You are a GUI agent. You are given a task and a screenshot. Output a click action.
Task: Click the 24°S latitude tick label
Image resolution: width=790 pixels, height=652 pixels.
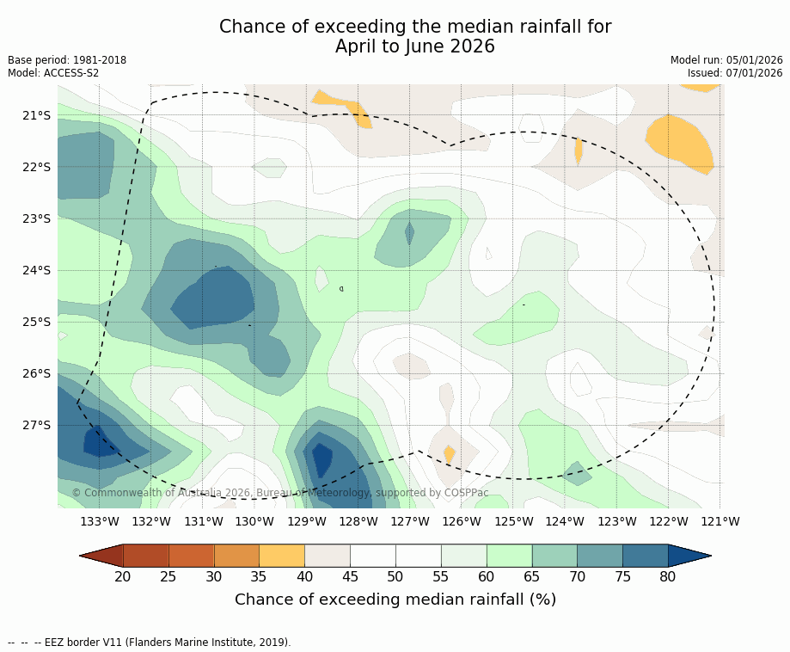[37, 270]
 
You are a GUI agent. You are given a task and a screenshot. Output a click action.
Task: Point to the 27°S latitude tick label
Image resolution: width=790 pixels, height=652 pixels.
[37, 425]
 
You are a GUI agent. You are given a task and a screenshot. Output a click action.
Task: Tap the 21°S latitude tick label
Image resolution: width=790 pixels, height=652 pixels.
[37, 115]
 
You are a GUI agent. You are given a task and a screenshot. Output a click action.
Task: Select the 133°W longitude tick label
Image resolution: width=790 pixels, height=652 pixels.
[100, 521]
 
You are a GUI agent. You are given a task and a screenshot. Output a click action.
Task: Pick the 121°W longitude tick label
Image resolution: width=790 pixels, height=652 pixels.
[720, 521]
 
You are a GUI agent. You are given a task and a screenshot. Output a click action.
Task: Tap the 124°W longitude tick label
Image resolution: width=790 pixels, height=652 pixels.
[565, 521]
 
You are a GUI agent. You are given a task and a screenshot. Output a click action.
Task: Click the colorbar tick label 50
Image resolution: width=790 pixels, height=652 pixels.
[395, 576]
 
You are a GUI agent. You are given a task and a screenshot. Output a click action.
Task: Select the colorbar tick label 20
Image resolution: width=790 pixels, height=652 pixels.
[123, 576]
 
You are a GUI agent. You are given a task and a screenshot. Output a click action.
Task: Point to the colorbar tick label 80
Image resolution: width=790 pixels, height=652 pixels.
[668, 576]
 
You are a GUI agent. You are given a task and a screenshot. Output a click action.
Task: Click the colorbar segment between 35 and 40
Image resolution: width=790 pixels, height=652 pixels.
[282, 556]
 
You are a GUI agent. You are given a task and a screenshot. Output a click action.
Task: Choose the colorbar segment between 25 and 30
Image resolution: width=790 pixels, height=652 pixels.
[191, 556]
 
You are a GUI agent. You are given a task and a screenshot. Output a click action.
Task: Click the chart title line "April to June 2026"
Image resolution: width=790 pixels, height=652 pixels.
[415, 46]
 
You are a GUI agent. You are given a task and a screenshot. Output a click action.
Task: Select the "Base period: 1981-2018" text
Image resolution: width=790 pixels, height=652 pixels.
[67, 60]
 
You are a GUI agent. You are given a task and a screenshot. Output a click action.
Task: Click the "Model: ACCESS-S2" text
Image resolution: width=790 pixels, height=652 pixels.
[53, 73]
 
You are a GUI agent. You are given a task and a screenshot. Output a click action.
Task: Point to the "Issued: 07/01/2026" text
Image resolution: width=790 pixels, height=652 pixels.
[735, 73]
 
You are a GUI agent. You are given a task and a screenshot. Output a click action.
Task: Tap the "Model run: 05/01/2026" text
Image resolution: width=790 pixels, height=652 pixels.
[726, 60]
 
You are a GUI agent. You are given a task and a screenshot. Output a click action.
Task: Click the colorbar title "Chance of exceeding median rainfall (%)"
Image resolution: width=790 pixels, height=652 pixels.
[395, 600]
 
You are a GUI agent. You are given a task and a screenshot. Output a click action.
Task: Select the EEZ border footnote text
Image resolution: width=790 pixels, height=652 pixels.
[150, 642]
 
